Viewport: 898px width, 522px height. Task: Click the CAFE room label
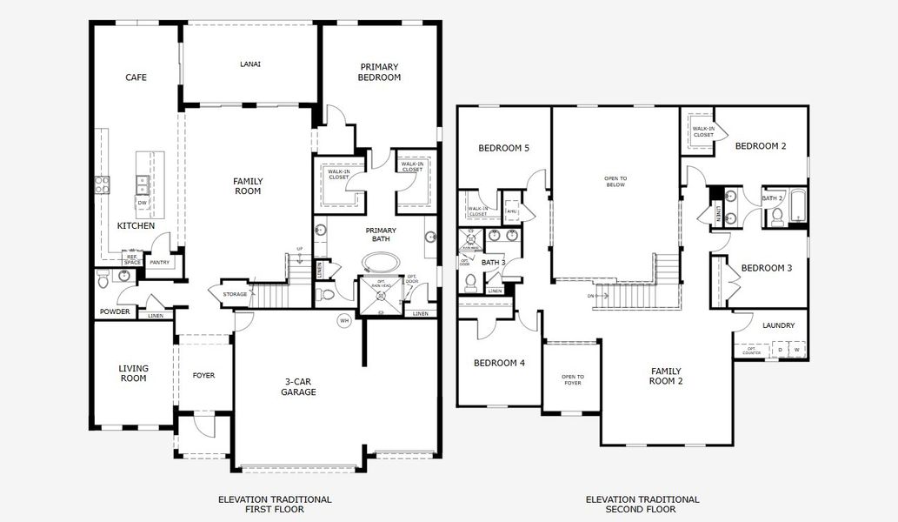click(x=136, y=77)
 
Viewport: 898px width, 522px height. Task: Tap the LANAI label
click(x=250, y=64)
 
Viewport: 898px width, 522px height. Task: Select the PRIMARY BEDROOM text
click(x=379, y=72)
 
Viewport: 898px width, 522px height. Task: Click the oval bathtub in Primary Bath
click(x=379, y=262)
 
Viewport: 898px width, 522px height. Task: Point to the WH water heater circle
click(x=343, y=319)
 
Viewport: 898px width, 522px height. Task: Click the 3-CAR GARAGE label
click(x=298, y=386)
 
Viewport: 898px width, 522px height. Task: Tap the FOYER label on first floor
click(x=203, y=376)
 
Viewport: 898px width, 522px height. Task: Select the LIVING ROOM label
click(x=133, y=373)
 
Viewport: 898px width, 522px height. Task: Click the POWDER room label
click(x=115, y=311)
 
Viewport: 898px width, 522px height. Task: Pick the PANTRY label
click(x=159, y=262)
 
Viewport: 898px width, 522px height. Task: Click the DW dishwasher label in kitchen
click(x=142, y=203)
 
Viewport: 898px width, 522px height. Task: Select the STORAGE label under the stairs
click(x=235, y=294)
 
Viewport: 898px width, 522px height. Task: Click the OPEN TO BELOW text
click(x=615, y=181)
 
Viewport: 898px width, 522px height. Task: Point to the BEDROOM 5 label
click(x=503, y=148)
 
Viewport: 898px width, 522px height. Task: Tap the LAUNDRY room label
click(x=778, y=325)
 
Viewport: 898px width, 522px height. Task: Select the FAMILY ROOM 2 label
click(x=666, y=376)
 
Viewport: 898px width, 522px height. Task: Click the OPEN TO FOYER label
click(x=572, y=379)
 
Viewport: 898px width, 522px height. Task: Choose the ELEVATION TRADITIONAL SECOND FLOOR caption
click(x=642, y=504)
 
